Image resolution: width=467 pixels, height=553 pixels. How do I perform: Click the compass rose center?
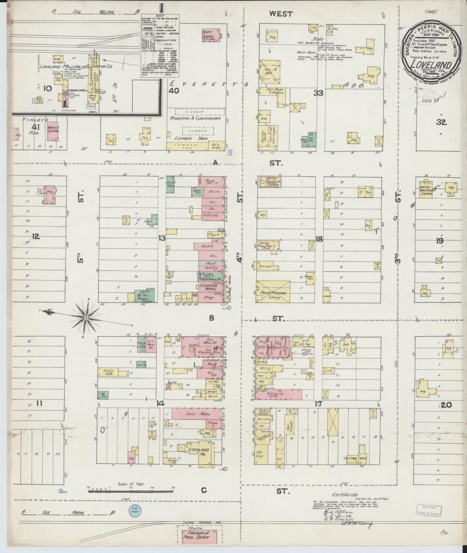86,318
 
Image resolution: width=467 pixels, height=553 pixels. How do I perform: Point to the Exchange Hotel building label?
208,287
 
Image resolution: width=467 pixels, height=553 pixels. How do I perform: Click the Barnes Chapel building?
53,132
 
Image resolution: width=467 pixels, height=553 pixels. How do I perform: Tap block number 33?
318,94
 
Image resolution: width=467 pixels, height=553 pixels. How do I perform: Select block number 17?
318,403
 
